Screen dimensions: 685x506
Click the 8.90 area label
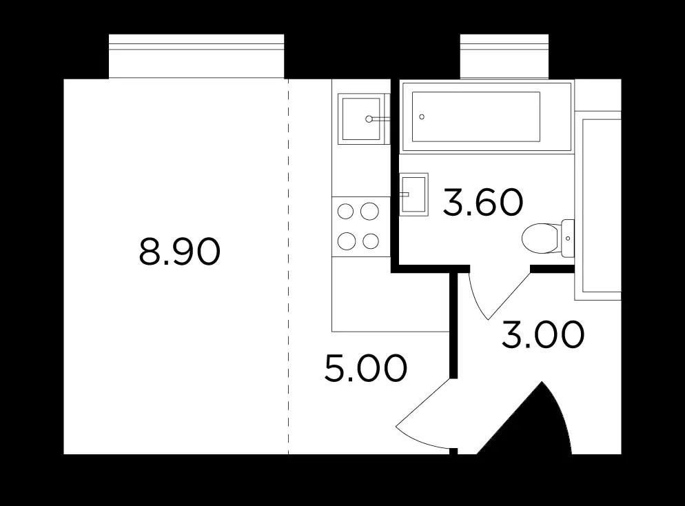180,252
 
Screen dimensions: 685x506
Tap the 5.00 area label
366,368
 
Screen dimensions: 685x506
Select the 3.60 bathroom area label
482,202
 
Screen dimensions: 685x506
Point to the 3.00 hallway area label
543,335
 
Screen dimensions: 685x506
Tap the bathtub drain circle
422,117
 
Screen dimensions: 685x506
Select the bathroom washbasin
413,194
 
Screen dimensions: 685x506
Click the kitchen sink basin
361,119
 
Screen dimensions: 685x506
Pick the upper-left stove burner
345,212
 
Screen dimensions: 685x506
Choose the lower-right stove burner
371,241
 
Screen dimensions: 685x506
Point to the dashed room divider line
288,267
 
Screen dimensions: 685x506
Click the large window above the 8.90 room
196,57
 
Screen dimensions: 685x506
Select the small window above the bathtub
504,57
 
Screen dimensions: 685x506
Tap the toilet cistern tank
567,238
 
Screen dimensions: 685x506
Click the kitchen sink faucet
376,119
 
